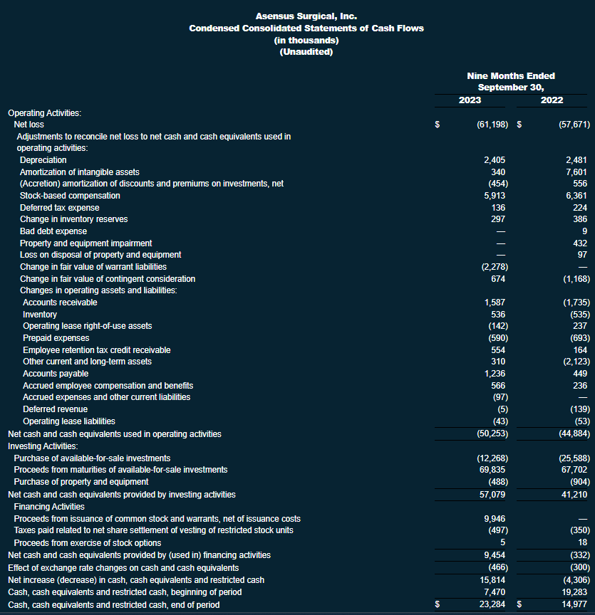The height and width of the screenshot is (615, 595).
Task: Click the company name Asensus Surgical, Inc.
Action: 306,16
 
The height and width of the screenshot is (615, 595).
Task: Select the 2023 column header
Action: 470,100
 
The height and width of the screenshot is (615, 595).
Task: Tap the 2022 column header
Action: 552,100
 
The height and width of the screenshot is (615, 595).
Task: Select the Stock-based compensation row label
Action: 70,196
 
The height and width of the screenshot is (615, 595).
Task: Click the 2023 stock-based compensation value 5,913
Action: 494,196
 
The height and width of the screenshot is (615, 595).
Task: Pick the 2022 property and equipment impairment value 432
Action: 579,243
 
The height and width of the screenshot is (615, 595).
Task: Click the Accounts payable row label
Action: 56,374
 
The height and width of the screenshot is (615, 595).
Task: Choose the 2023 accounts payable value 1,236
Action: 494,374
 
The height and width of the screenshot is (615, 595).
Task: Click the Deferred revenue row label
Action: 55,409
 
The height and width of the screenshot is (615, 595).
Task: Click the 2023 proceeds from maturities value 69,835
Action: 492,469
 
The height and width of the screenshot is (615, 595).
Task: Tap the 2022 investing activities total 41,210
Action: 574,493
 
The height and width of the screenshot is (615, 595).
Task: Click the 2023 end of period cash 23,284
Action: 492,604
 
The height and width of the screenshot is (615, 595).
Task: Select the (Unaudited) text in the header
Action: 306,52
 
